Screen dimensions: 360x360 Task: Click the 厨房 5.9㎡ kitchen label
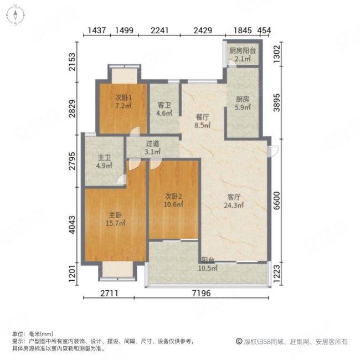point(242,103)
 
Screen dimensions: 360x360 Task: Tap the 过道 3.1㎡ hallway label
point(152,147)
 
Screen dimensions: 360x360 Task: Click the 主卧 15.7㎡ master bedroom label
point(115,219)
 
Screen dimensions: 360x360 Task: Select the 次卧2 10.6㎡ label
point(174,200)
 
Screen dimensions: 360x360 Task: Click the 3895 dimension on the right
point(278,101)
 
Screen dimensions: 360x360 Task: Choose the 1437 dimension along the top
point(97,32)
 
